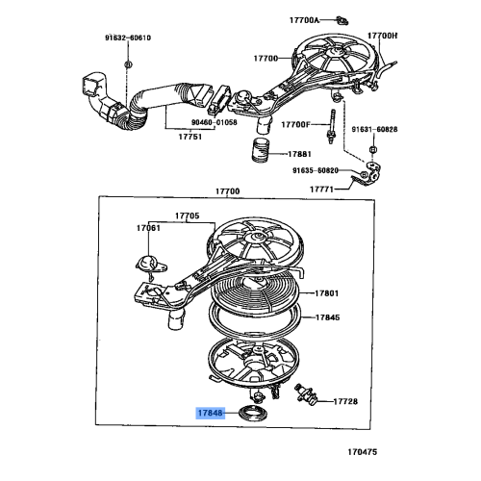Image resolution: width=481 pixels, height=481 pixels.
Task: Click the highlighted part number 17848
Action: tap(210, 414)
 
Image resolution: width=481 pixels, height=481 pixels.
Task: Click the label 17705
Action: tap(187, 215)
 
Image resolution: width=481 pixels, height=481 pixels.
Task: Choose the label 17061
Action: tap(148, 229)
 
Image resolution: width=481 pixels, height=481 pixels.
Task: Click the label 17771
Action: tap(321, 190)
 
